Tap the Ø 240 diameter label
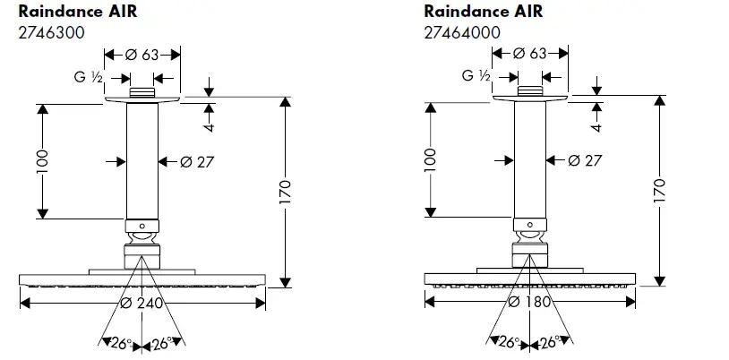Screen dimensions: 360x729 pyautogui.click(x=142, y=303)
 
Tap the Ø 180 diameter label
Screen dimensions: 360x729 pyautogui.click(x=528, y=302)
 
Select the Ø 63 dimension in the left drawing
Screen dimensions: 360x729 pyautogui.click(x=142, y=56)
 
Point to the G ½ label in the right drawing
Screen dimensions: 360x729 pyautogui.click(x=476, y=77)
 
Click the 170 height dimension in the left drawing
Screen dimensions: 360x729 pyautogui.click(x=287, y=191)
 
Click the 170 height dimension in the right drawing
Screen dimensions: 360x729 pyautogui.click(x=660, y=190)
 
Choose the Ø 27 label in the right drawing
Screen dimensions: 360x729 pyautogui.click(x=585, y=161)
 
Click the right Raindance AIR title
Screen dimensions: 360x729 pyautogui.click(x=484, y=12)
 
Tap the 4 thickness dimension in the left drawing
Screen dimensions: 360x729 pyautogui.click(x=209, y=124)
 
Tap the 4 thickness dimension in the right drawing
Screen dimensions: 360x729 pyautogui.click(x=596, y=124)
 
